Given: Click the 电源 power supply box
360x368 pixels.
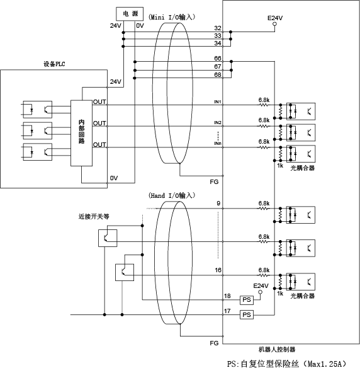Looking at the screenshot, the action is (x=130, y=14).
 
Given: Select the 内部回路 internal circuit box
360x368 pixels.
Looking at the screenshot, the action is (x=81, y=133).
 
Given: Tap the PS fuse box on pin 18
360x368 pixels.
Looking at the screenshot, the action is (x=247, y=300).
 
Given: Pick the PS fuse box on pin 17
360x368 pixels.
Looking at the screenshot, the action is (x=247, y=314).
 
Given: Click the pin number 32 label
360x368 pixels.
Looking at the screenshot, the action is (x=218, y=28).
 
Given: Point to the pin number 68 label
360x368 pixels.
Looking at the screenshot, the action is (x=218, y=74).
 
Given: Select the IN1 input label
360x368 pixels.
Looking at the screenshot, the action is (x=218, y=102).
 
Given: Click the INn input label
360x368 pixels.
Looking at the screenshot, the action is (x=218, y=144).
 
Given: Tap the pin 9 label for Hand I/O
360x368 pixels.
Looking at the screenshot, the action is (x=218, y=204).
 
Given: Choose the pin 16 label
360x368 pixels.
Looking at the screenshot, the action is (x=218, y=270).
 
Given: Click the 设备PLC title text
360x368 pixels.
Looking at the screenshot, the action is (x=54, y=64).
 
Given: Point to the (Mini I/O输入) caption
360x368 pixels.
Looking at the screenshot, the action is (x=172, y=17).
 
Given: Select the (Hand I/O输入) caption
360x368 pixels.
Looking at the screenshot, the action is (x=172, y=195).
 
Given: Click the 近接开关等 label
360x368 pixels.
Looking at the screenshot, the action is (x=94, y=216).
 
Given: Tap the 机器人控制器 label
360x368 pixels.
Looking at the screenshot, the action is (x=277, y=350).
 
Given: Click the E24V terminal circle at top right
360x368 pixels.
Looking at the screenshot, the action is (x=275, y=24).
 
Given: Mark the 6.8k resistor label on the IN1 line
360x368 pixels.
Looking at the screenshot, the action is (x=264, y=100).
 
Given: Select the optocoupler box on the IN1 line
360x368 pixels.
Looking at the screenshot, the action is (x=301, y=112).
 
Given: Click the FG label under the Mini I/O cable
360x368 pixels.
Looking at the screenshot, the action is (x=214, y=182).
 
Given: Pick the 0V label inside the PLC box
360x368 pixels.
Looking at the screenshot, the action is (x=114, y=178).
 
